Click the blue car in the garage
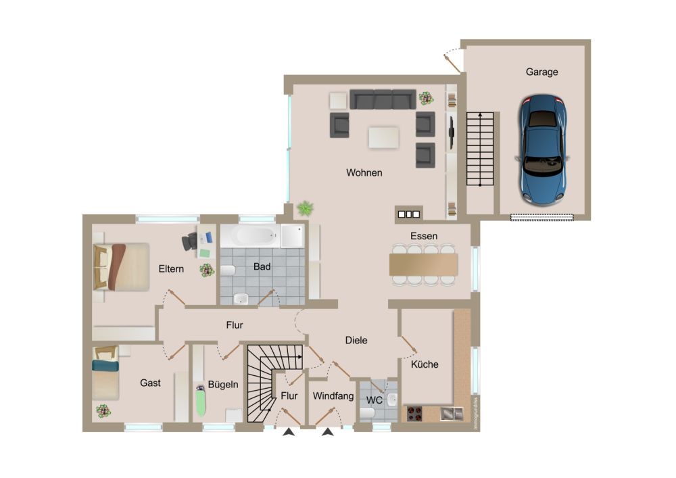point(542,150)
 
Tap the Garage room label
point(541,72)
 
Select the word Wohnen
point(364,173)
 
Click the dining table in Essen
point(423,264)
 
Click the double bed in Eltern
point(121,267)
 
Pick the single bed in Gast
point(105,373)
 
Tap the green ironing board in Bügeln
point(201,400)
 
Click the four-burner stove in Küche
point(415,413)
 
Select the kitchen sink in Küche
point(452,414)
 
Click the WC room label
point(375,400)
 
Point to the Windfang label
point(333,396)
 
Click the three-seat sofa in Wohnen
point(383,99)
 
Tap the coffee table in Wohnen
point(384,137)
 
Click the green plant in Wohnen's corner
point(306,208)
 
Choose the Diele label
point(356,341)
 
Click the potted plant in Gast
point(103,411)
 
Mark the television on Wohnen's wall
point(452,133)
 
